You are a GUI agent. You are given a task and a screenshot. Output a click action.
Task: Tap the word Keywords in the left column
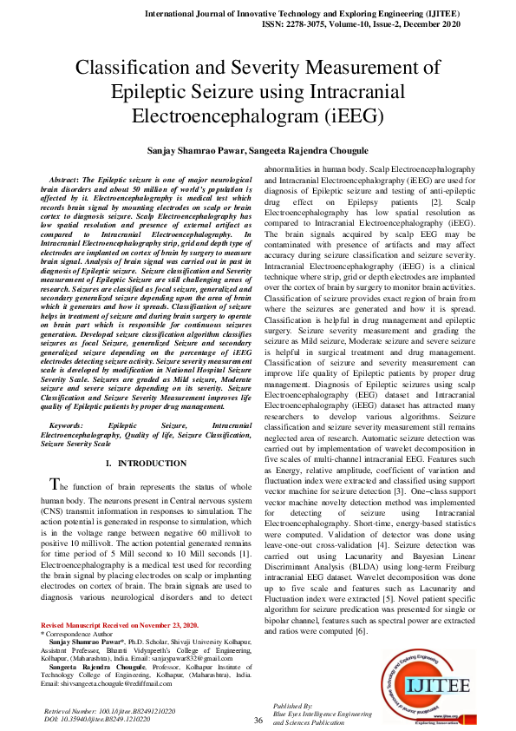coord(67,425)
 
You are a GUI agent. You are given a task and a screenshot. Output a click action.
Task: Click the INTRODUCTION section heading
coord(152,464)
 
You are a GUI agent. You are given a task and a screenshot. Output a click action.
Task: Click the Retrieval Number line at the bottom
coord(108,711)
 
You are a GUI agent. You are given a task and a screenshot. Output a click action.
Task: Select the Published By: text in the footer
coord(292,706)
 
